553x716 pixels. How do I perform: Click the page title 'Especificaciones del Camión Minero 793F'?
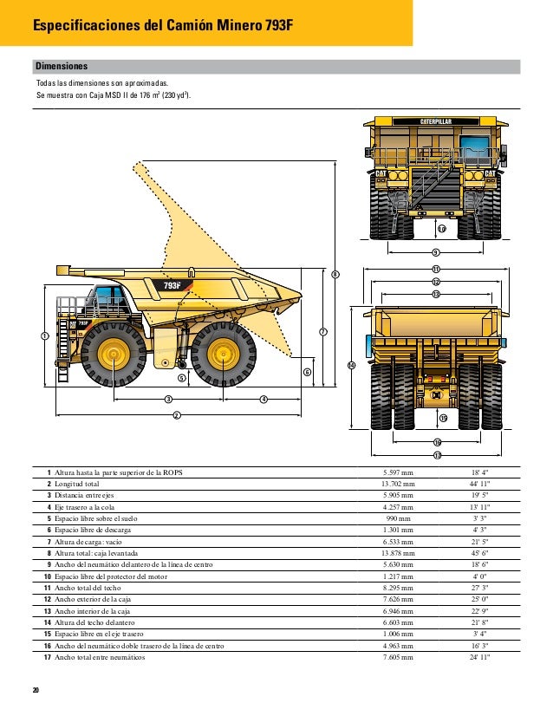pos(163,26)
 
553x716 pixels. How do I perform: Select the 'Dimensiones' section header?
pos(61,66)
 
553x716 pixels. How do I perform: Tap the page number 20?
pos(36,689)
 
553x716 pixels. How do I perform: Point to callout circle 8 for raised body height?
pos(335,274)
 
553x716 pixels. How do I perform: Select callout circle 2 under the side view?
pos(176,415)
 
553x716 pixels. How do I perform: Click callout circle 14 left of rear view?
pos(351,366)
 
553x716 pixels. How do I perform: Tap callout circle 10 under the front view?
pos(440,229)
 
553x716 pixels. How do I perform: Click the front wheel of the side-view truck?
pos(111,355)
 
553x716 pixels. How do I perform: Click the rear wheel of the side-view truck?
pos(223,355)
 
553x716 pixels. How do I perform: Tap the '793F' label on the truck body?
pos(172,285)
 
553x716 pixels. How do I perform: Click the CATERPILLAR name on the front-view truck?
pos(436,121)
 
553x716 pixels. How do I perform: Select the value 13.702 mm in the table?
pos(399,484)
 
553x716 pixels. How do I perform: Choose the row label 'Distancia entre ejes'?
pos(87,495)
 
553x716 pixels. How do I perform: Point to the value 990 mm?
pos(399,518)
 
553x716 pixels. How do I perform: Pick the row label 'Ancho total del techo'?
pos(89,587)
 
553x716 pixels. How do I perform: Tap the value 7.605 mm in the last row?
pos(399,657)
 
